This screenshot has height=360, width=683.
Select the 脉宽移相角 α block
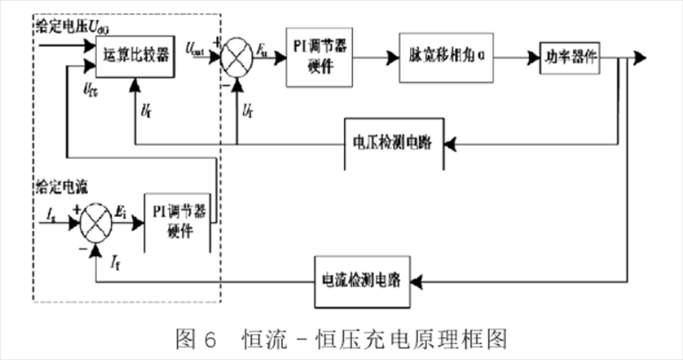[445, 56]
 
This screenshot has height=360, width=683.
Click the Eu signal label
[264, 50]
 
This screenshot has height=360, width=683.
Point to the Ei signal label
[122, 211]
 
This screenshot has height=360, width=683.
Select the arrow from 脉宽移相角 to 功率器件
[516, 57]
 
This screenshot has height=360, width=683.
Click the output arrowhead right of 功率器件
[642, 57]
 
